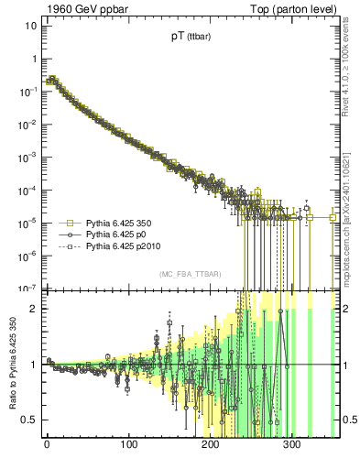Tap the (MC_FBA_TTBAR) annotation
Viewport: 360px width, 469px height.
189,275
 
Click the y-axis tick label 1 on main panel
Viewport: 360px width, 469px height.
33,59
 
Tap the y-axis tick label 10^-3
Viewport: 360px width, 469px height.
28,157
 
